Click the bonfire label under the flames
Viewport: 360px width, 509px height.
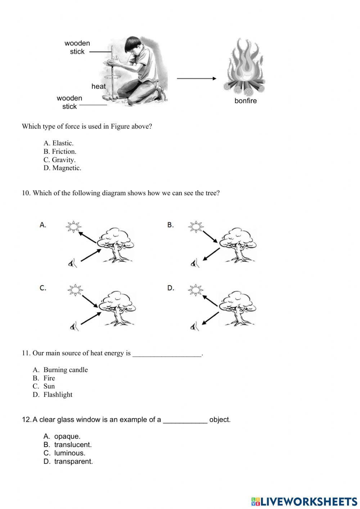click(246, 101)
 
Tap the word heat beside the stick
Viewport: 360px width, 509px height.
click(98, 86)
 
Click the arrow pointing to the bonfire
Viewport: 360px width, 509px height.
click(196, 79)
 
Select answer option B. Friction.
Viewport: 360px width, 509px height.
click(60, 151)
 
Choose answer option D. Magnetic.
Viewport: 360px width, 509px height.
click(62, 168)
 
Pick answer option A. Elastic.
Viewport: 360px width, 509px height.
click(59, 143)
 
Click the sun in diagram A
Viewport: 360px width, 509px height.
click(73, 227)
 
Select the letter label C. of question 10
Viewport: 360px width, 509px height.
click(43, 288)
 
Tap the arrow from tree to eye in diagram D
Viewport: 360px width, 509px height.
click(210, 318)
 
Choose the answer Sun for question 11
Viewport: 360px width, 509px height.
click(49, 386)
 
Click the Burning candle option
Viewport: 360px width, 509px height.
click(66, 370)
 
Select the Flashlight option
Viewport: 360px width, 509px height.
click(58, 394)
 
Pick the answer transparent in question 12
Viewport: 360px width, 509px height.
click(73, 461)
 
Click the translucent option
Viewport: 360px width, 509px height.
click(73, 445)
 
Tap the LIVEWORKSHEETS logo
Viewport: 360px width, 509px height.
click(304, 501)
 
